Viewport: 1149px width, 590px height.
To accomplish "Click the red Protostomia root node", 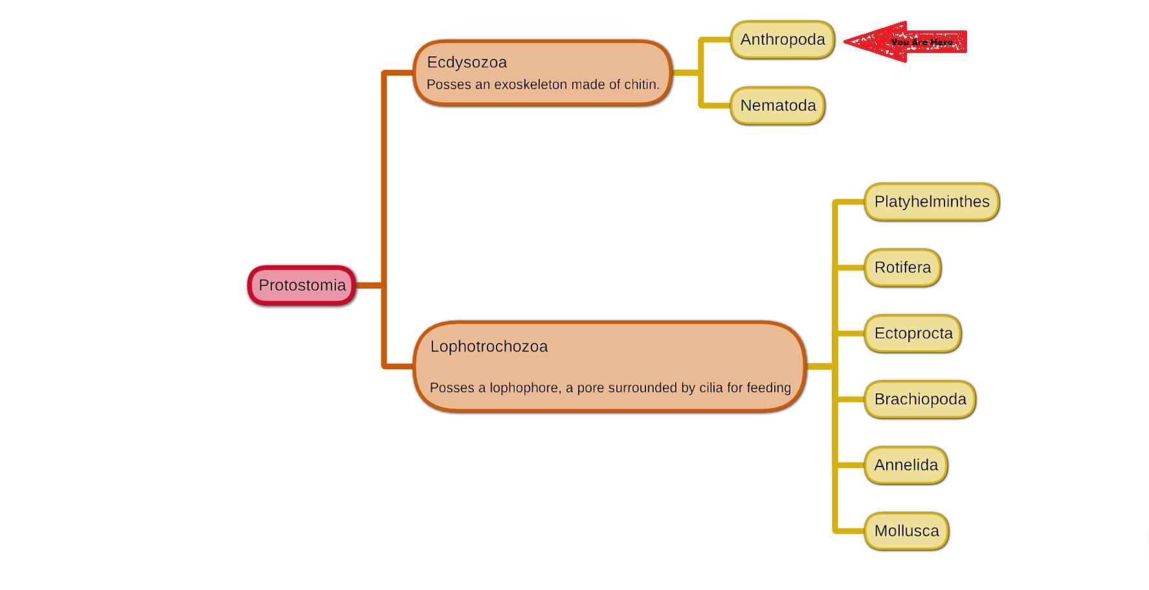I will coord(302,285).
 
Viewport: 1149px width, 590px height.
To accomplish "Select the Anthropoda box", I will coord(782,40).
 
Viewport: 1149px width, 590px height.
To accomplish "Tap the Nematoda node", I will coord(777,105).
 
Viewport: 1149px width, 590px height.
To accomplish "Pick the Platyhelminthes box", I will coord(931,202).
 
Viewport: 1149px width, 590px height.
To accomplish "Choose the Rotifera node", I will coord(902,268).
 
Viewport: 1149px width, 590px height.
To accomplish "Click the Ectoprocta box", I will coord(913,334).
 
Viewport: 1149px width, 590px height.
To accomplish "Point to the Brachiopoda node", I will coord(920,399).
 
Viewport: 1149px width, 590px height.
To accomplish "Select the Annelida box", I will coord(906,465).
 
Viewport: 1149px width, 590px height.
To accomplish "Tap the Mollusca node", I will coord(906,531).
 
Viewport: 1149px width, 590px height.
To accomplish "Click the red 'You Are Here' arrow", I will coord(906,42).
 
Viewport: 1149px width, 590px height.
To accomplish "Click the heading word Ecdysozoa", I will coord(467,63).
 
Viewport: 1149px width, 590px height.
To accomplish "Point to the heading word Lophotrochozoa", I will coord(489,347).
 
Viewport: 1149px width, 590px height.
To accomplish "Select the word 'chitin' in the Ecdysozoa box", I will coord(640,85).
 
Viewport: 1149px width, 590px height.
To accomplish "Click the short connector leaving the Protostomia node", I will coord(369,285).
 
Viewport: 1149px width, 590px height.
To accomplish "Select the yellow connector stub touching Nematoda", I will coord(715,105).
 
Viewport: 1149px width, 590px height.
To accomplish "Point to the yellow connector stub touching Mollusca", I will coord(849,531).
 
